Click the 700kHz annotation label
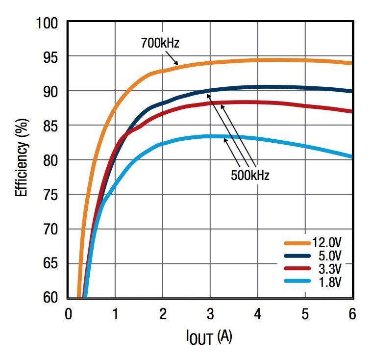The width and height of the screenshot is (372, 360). tap(160, 43)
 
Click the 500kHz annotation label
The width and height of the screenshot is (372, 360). tap(250, 175)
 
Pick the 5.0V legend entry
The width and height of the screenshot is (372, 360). tap(330, 256)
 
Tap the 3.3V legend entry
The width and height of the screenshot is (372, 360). tap(330, 268)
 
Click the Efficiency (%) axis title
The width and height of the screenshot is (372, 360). tap(22, 160)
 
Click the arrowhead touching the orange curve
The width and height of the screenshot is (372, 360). tap(175, 64)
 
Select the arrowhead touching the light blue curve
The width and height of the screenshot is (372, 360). tap(225, 140)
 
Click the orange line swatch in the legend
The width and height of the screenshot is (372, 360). tap(297, 243)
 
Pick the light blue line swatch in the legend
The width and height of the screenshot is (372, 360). tap(297, 281)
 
